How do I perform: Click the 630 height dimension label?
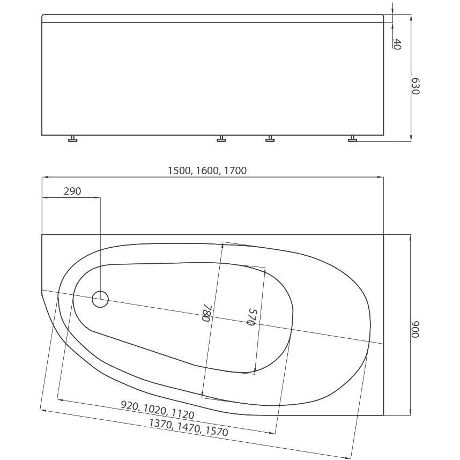pyautogui.click(x=416, y=86)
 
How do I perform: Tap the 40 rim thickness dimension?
pyautogui.click(x=397, y=44)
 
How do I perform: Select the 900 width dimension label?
pyautogui.click(x=416, y=329)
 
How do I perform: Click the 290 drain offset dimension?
pyautogui.click(x=72, y=191)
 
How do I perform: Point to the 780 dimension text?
pyautogui.click(x=206, y=313)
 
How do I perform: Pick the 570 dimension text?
pyautogui.click(x=251, y=316)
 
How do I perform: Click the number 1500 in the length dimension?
pyautogui.click(x=180, y=170)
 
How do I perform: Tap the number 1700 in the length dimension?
pyautogui.click(x=235, y=170)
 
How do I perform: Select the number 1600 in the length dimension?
pyautogui.click(x=207, y=170)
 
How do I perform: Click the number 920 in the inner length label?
pyautogui.click(x=130, y=406)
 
